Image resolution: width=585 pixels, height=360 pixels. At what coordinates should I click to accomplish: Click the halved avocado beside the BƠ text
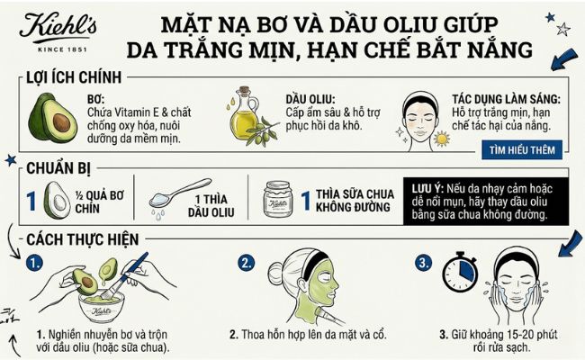pos(55,119)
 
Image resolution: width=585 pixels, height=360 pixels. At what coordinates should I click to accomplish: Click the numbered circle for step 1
pos(34,265)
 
